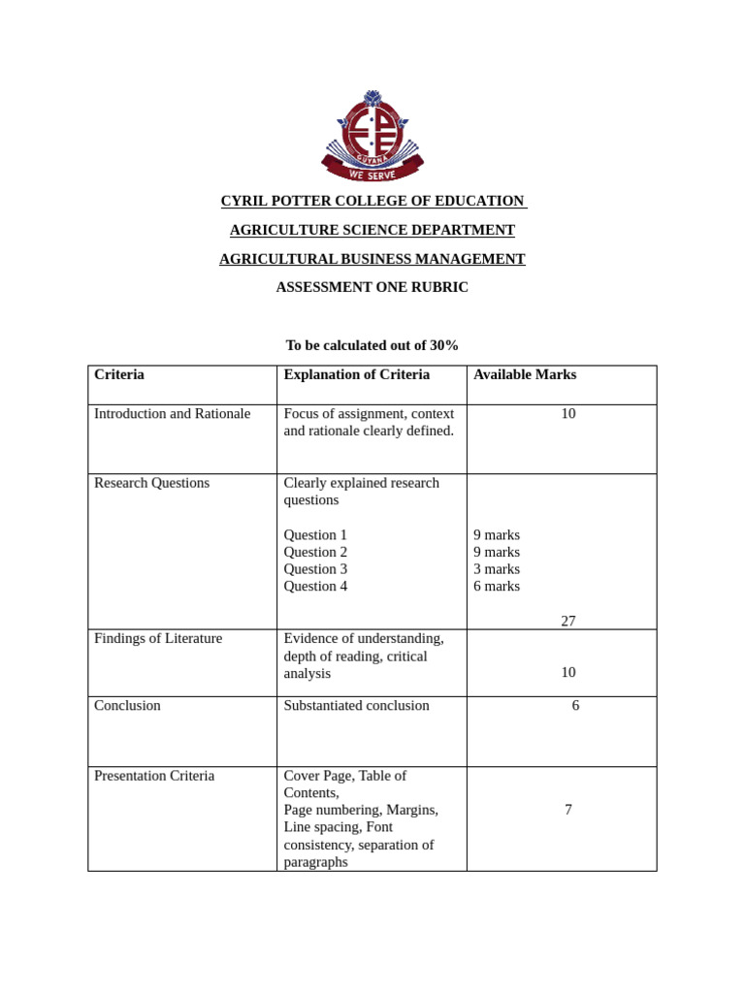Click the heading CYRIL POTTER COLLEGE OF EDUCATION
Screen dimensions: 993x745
[372, 201]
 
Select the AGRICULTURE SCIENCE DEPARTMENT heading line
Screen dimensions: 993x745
[372, 230]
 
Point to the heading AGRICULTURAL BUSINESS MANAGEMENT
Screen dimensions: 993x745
[372, 259]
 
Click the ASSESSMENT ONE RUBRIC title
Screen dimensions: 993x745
[372, 287]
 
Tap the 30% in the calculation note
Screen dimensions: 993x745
[444, 345]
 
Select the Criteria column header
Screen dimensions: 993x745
[119, 374]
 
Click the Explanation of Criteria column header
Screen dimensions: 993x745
[356, 374]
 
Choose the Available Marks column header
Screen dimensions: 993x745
[525, 374]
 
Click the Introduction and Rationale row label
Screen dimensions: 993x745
[172, 413]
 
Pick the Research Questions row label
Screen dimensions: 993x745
[151, 483]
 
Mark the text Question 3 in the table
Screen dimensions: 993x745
[315, 569]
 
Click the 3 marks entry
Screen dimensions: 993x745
[497, 569]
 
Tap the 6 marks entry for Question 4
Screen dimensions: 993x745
[497, 587]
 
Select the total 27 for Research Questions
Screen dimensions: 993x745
[568, 621]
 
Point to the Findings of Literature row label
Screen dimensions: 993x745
[158, 638]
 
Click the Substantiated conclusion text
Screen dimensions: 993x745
[356, 706]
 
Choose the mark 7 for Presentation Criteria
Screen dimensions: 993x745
[568, 810]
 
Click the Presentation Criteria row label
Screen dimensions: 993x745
[154, 776]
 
